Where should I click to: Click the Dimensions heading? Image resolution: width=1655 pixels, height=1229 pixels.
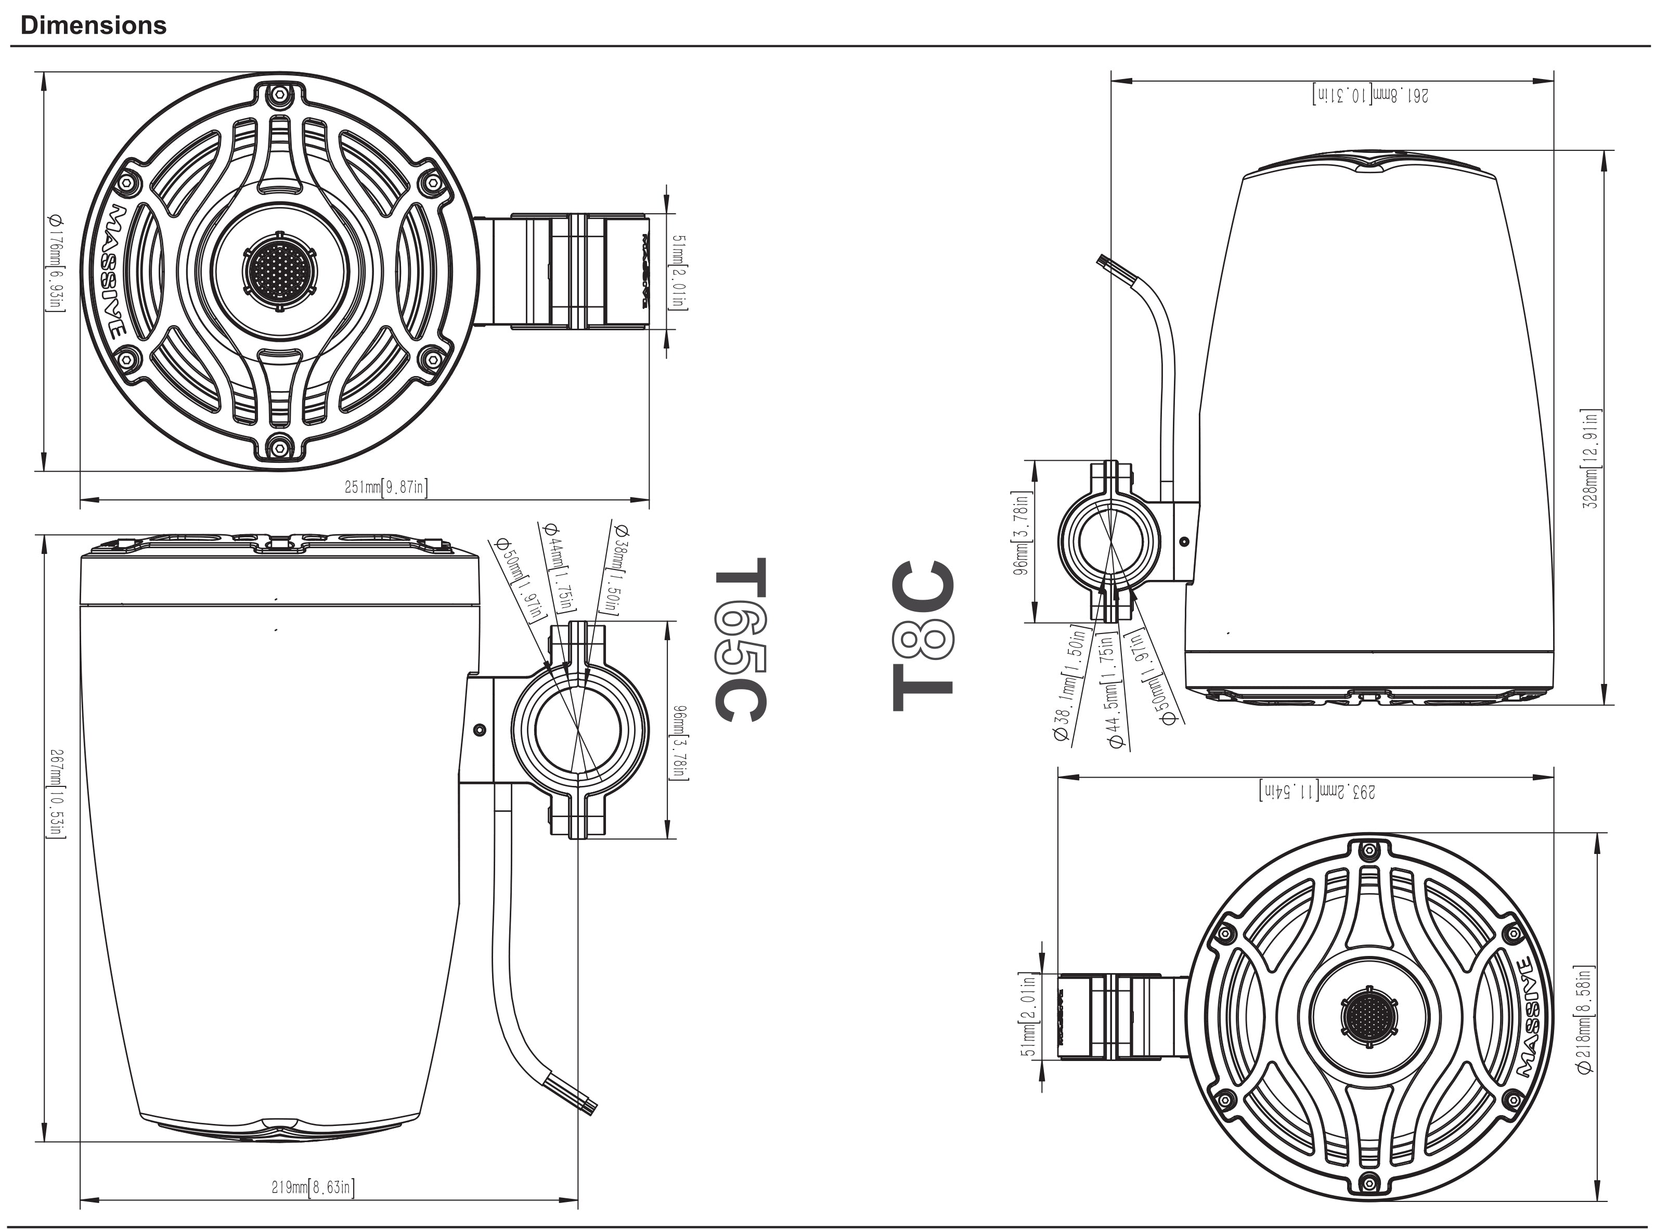tap(93, 25)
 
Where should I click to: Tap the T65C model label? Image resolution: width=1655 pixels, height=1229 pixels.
tap(740, 640)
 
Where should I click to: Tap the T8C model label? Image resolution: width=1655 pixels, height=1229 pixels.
tap(922, 636)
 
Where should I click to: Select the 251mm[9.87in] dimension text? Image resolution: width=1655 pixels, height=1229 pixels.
tap(385, 488)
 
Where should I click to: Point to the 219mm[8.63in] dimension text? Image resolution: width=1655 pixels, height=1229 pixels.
tap(313, 1187)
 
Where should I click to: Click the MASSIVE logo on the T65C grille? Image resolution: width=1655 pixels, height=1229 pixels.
tap(113, 271)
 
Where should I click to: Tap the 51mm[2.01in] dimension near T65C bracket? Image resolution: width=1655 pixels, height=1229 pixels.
tap(679, 271)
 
